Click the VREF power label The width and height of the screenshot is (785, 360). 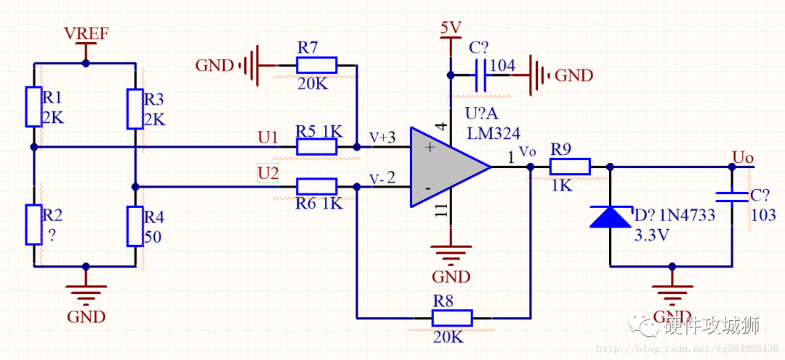tap(86, 34)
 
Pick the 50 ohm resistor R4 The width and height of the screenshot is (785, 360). tap(135, 226)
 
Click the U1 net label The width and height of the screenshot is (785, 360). tap(267, 136)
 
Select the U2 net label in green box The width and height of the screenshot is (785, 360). tap(267, 173)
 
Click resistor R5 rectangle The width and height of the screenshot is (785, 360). tap(316, 147)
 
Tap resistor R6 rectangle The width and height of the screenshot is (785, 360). tap(316, 186)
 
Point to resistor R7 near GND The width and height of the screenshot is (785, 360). tap(316, 66)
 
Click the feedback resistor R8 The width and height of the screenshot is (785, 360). tap(452, 318)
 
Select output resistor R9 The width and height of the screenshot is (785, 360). tap(569, 167)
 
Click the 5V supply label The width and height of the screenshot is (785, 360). tap(451, 28)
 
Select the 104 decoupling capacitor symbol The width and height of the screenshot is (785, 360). tap(480, 75)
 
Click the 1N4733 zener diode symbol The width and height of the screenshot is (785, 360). tap(610, 217)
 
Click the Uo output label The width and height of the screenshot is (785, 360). tap(743, 157)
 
